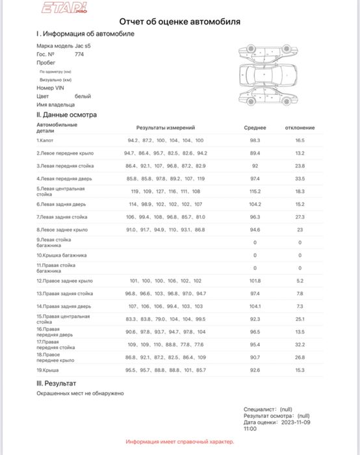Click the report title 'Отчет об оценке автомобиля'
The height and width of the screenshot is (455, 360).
click(x=179, y=21)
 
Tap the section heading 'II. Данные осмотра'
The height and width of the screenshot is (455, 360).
click(x=67, y=114)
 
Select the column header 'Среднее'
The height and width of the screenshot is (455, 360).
click(x=255, y=128)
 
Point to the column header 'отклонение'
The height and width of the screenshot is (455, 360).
click(x=300, y=128)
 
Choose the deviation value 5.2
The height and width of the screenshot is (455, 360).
click(x=300, y=281)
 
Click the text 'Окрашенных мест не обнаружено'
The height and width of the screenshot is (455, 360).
click(x=80, y=393)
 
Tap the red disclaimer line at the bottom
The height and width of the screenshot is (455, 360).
click(x=179, y=441)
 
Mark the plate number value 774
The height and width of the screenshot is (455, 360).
click(x=79, y=55)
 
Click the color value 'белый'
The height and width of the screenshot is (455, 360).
click(x=83, y=96)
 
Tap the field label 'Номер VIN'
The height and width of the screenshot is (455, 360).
click(x=50, y=87)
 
